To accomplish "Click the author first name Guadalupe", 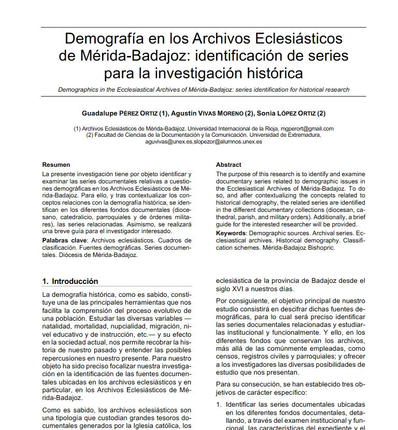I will (x=100, y=113).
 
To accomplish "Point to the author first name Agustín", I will (x=186, y=113).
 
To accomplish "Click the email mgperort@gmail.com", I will (x=307, y=128).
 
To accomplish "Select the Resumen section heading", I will (x=56, y=165).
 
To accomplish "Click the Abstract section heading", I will (x=229, y=165).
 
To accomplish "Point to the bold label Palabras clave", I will (x=65, y=241).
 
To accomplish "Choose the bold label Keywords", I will (x=231, y=234).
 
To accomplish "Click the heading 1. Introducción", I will (x=70, y=282).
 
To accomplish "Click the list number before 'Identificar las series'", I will (x=219, y=405).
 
